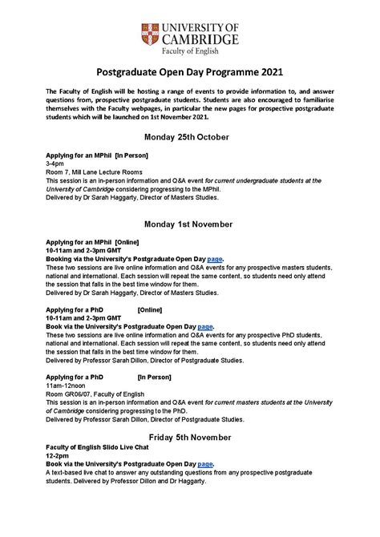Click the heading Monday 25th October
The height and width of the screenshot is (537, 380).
click(189, 135)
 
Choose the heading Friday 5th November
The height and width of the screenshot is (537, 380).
click(189, 437)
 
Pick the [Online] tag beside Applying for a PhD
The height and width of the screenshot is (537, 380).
click(152, 309)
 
